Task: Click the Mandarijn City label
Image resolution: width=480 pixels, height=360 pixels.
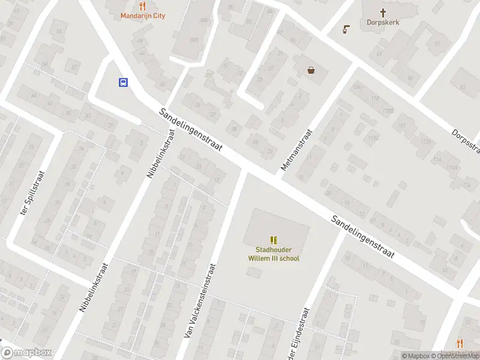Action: [x=143, y=16]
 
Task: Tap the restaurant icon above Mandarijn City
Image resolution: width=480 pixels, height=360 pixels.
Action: [x=143, y=6]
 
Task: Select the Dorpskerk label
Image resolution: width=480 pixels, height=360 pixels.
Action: [x=383, y=22]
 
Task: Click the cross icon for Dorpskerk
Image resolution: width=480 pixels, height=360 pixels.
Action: [x=383, y=11]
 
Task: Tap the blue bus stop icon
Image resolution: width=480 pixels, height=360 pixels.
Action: [x=123, y=83]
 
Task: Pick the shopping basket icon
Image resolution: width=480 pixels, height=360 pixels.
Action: [x=311, y=70]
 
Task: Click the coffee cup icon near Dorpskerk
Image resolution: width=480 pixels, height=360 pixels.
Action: [x=346, y=29]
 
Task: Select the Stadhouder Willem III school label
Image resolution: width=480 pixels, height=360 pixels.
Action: [x=274, y=254]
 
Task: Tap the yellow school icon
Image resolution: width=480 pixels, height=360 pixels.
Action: [x=274, y=240]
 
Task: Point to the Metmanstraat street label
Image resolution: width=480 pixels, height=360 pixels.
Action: [x=297, y=150]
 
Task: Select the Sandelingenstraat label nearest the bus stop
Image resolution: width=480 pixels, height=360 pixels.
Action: [x=191, y=129]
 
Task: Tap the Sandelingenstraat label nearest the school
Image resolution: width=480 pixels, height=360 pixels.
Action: [x=363, y=236]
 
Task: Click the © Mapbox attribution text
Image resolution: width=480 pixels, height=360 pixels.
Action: [x=415, y=356]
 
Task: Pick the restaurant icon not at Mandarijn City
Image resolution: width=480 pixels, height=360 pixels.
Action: [x=460, y=343]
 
